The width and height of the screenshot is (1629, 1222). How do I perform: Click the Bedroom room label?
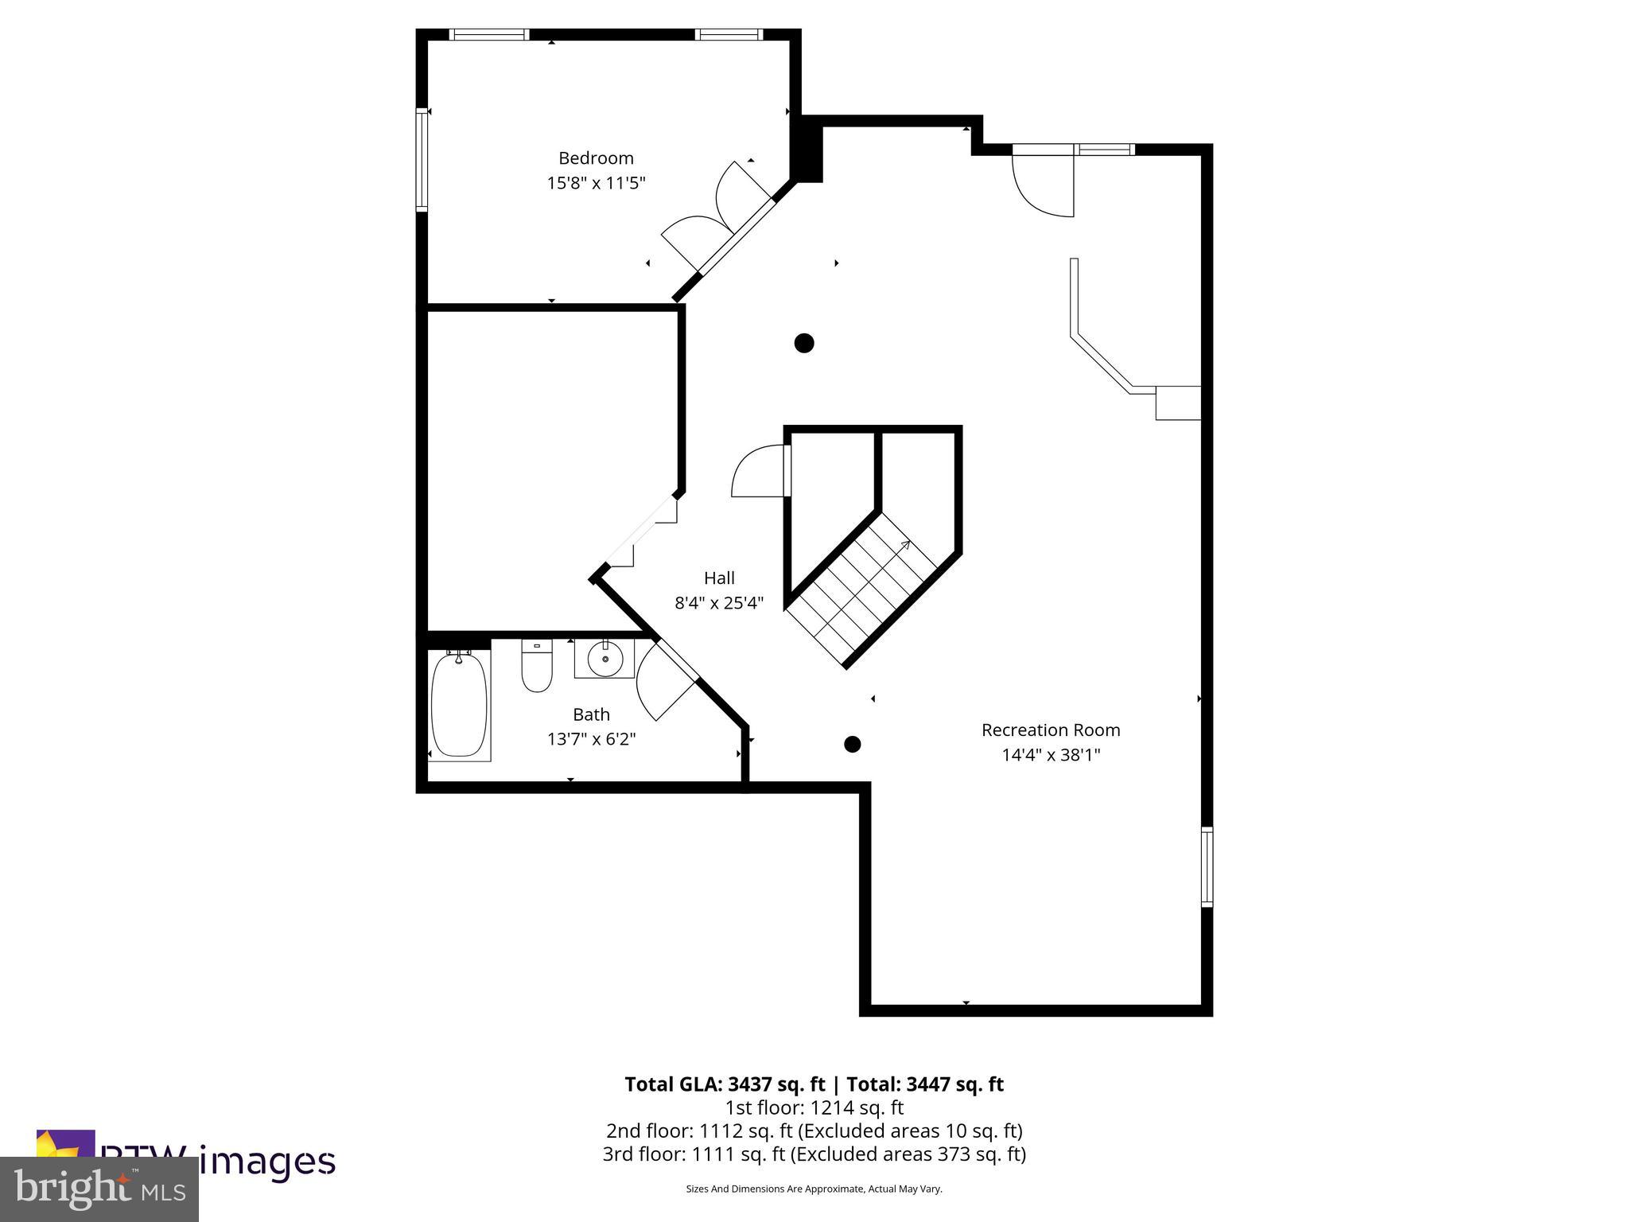click(x=596, y=158)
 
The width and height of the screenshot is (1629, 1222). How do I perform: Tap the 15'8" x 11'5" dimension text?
click(x=596, y=183)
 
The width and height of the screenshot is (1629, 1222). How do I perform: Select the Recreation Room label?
click(x=1050, y=730)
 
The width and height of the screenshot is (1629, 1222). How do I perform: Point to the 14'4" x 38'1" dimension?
click(x=1050, y=754)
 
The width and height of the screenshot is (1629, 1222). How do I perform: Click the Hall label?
click(x=719, y=578)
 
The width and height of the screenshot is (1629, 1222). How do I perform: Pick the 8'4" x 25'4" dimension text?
click(x=719, y=603)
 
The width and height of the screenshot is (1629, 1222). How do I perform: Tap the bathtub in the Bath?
click(x=459, y=705)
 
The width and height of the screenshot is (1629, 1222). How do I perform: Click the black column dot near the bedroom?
click(x=804, y=343)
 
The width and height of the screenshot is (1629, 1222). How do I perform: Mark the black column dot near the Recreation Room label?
click(x=852, y=745)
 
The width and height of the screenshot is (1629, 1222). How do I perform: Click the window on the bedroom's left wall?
click(x=422, y=160)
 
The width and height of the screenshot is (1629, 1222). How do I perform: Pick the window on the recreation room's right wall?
click(x=1207, y=866)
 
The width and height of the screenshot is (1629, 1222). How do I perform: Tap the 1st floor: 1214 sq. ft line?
click(x=814, y=1107)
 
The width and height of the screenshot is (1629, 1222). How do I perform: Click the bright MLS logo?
click(x=99, y=1189)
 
